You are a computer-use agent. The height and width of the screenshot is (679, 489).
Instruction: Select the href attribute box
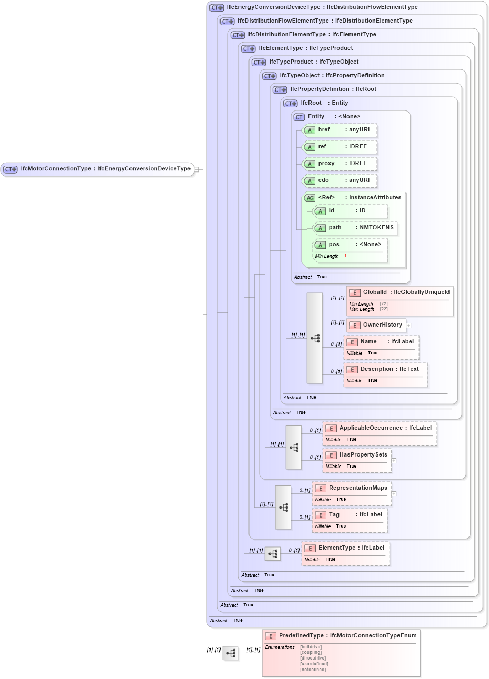click(x=340, y=130)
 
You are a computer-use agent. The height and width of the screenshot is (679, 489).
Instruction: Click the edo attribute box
click(x=340, y=180)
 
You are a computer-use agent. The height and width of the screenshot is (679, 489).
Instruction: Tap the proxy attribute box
click(x=340, y=164)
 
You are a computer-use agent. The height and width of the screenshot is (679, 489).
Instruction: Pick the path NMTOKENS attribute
click(x=355, y=228)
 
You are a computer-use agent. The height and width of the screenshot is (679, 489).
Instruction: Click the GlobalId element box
click(x=400, y=292)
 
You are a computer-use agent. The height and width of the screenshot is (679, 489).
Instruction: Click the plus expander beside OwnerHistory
click(x=408, y=326)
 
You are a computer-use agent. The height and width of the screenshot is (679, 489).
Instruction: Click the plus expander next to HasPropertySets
click(x=394, y=461)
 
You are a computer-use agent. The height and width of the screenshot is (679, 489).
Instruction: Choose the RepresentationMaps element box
click(x=352, y=488)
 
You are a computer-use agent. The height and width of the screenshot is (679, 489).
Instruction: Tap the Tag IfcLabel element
click(x=350, y=515)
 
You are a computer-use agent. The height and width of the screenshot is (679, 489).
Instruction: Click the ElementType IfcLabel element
click(x=346, y=548)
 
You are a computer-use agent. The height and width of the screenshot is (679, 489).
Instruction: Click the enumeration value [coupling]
click(x=311, y=653)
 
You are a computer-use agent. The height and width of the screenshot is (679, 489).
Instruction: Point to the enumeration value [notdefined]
click(x=313, y=670)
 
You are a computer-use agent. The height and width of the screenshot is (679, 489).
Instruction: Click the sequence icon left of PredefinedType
click(x=231, y=653)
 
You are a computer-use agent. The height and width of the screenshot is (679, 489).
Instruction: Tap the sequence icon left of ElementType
click(x=273, y=554)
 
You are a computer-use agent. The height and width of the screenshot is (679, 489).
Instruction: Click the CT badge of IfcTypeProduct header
click(x=259, y=62)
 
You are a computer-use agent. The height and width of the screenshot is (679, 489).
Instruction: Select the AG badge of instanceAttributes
click(x=310, y=198)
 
